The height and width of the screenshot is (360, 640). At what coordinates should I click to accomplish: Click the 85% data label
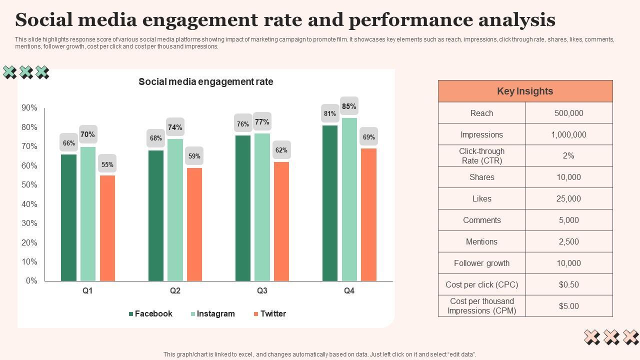(349, 106)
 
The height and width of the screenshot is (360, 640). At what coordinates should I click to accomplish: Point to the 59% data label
(194, 156)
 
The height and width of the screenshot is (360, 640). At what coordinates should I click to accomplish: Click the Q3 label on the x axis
(262, 291)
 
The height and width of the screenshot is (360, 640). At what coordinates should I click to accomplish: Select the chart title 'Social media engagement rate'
(206, 82)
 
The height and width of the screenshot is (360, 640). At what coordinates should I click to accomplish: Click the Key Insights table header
(525, 91)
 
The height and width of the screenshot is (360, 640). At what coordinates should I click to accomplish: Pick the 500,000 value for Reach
(568, 113)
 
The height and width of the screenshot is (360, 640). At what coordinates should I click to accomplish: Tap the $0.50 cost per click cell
(568, 285)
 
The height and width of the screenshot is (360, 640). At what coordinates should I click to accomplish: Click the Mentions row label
(481, 242)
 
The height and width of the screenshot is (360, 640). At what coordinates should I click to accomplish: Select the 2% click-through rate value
(568, 156)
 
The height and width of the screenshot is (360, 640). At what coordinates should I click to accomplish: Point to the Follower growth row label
(481, 263)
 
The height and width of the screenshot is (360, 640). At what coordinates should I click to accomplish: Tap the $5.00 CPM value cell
(568, 306)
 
